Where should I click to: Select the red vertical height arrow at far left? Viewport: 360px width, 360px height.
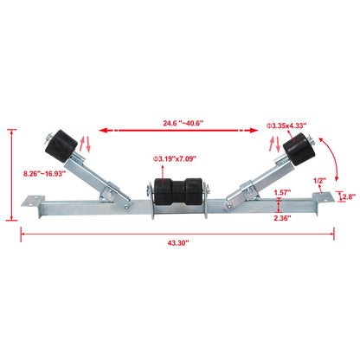pos(12,173)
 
